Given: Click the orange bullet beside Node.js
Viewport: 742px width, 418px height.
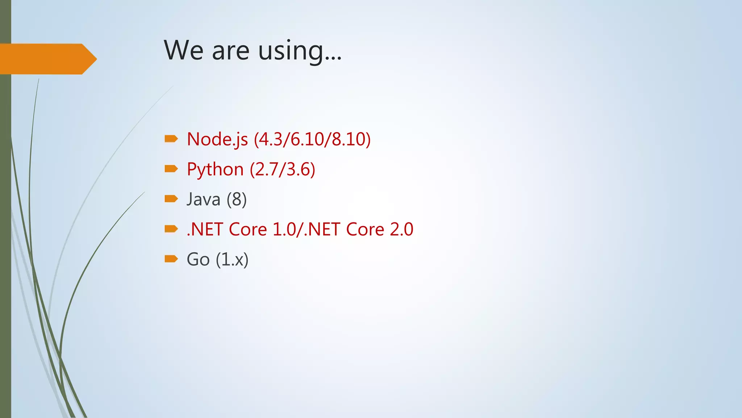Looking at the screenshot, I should click(x=171, y=139).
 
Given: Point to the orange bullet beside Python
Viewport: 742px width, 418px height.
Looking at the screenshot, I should click(x=171, y=169).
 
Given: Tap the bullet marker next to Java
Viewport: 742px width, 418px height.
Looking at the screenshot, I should click(x=171, y=198).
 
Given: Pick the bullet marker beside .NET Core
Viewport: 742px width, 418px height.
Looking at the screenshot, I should click(x=171, y=229).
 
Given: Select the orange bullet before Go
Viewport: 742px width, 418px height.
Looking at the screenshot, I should click(x=171, y=259).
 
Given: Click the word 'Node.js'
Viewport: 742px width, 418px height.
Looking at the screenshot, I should click(x=217, y=139).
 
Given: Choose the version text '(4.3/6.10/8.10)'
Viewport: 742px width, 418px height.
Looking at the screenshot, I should click(x=312, y=139).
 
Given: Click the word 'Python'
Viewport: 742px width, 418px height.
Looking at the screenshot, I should click(x=215, y=169).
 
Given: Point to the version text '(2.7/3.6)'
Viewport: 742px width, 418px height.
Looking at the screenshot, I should click(x=283, y=169).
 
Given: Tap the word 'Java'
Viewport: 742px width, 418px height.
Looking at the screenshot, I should click(x=204, y=200).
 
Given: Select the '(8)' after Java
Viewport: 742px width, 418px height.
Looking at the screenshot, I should click(x=237, y=200).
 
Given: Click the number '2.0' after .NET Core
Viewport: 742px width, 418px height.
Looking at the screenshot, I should click(x=401, y=229).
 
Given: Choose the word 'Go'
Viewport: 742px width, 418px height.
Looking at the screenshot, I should click(x=198, y=259).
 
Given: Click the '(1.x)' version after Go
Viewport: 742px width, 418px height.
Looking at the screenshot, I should click(x=232, y=259).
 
